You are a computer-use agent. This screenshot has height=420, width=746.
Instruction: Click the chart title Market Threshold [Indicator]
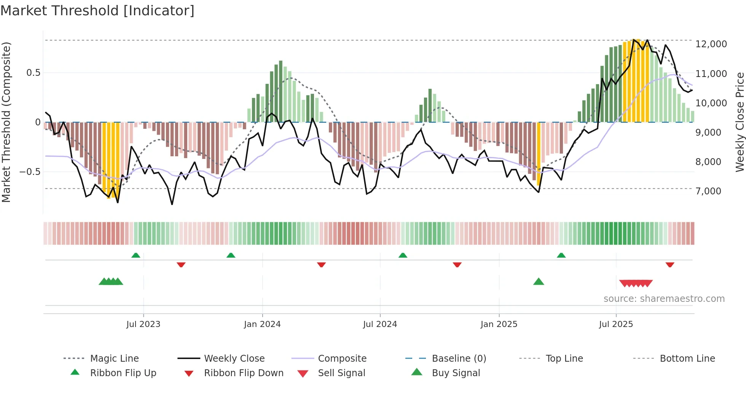97,11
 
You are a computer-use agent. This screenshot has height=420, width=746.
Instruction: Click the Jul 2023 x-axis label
143,324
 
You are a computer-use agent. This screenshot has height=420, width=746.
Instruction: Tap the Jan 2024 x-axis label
262,324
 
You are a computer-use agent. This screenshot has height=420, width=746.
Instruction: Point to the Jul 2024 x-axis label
380,324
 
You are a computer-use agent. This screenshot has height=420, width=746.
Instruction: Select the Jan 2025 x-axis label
499,324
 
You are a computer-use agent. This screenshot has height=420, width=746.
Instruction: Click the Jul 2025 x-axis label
616,324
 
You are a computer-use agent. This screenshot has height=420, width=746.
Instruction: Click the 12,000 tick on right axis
711,44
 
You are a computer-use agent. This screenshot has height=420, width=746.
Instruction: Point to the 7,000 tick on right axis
708,191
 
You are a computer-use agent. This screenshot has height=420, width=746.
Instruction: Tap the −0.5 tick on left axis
30,172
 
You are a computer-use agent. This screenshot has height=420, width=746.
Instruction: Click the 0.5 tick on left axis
33,73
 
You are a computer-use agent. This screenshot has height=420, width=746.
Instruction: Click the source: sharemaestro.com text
664,299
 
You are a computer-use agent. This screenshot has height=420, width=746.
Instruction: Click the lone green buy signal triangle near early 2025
539,282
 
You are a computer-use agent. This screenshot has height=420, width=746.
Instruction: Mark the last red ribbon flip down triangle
670,265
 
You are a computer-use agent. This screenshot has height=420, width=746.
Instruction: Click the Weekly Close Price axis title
740,122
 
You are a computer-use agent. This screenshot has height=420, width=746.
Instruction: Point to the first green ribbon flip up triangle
136,255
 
